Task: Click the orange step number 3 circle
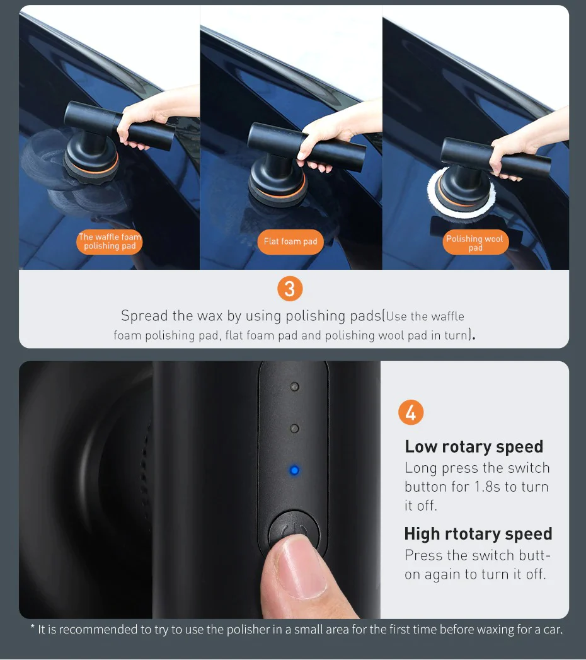coord(290,289)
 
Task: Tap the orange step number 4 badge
coord(411,413)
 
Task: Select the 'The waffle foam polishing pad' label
coord(110,242)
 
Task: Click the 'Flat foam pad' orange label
coord(290,241)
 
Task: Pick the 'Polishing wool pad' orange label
coord(475,243)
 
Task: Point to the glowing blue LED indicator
coord(294,470)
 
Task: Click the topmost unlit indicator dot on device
coord(294,386)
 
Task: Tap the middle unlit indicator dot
coord(294,429)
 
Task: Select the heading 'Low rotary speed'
coord(474,446)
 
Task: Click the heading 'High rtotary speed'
coord(478,533)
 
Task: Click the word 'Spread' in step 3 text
coord(144,315)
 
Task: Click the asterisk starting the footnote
coord(33,628)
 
